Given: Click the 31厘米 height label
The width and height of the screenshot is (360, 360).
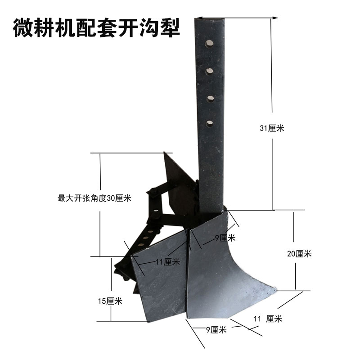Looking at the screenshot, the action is (272, 128).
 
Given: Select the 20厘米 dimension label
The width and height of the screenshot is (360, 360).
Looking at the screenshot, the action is (299, 254).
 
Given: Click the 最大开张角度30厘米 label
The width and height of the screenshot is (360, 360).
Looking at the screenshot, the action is (94, 198).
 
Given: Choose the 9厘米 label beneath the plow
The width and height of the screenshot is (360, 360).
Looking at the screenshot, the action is (216, 330).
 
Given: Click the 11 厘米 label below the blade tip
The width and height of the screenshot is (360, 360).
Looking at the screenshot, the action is (268, 319).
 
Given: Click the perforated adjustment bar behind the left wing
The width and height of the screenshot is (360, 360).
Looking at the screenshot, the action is (148, 234).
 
